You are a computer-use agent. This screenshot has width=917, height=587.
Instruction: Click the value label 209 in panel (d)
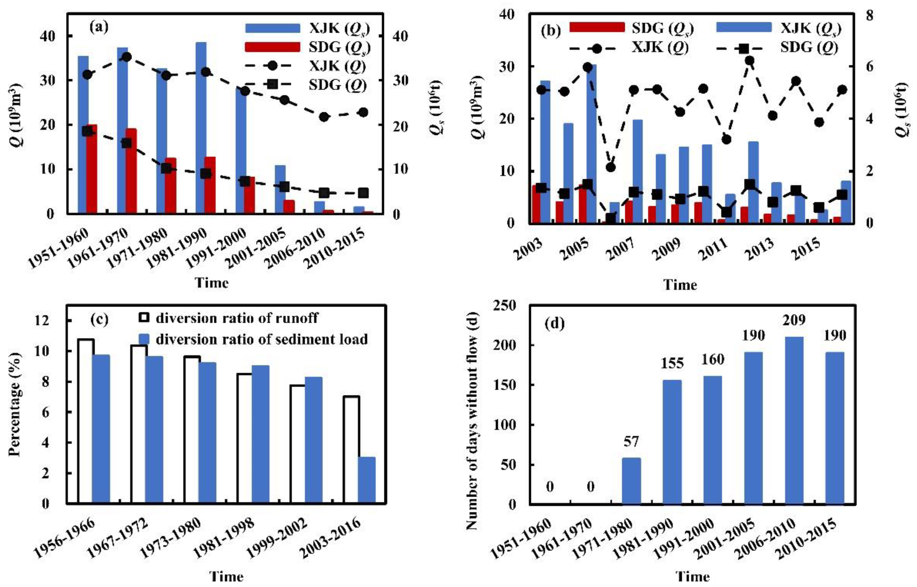(794, 320)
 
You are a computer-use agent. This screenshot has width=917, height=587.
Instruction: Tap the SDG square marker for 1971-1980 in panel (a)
(166, 168)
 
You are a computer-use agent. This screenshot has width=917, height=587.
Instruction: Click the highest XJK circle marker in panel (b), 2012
(750, 61)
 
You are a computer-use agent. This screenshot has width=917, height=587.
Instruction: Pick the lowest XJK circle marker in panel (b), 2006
(611, 167)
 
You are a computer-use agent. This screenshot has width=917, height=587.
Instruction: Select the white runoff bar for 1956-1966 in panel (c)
(86, 421)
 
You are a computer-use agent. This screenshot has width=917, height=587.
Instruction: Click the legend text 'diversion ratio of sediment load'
(262, 339)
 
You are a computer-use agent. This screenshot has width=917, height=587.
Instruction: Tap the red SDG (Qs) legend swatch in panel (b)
(597, 27)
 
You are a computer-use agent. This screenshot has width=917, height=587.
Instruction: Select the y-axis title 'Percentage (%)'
(15, 404)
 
